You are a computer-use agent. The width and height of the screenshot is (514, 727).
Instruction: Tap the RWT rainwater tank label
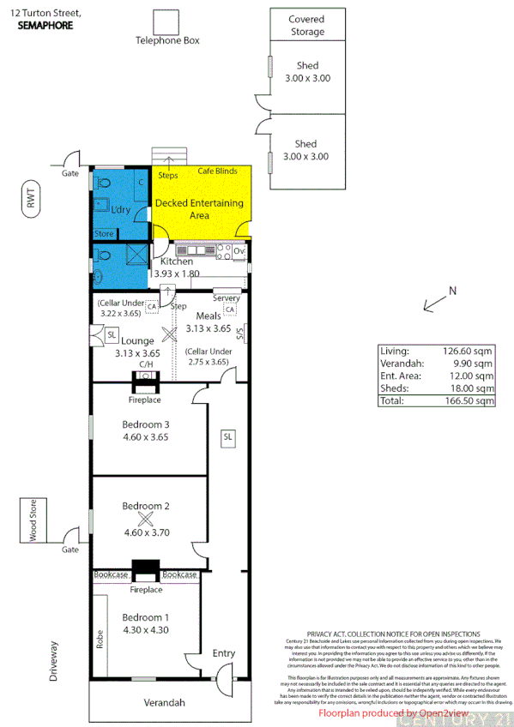click(x=33, y=201)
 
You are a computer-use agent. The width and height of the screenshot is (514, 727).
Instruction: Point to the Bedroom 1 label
click(x=145, y=617)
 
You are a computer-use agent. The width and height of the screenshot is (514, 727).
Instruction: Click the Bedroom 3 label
click(x=145, y=424)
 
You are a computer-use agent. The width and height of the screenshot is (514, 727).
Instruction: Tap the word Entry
click(x=223, y=653)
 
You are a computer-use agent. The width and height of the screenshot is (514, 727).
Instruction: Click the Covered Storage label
click(x=306, y=25)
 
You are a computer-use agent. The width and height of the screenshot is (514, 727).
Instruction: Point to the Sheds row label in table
click(x=394, y=388)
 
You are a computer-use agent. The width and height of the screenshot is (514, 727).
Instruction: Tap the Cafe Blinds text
click(x=218, y=171)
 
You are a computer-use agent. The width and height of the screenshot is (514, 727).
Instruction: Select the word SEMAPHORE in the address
click(x=45, y=26)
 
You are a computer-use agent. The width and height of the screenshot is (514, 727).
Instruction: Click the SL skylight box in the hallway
click(x=227, y=436)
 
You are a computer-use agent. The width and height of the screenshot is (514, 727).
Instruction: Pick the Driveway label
click(x=53, y=660)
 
